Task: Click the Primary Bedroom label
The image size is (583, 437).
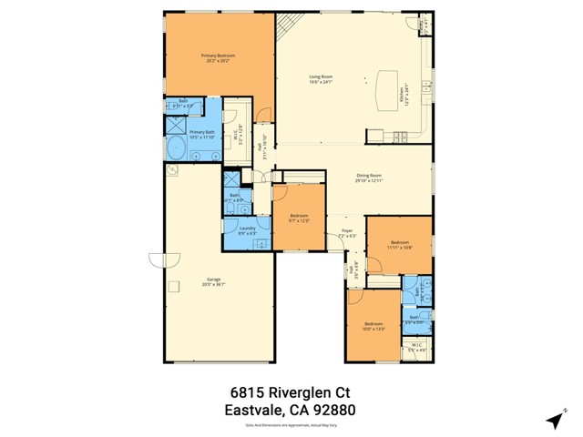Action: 219,58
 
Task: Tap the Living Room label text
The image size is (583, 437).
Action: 321,80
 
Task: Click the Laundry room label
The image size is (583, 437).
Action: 247,230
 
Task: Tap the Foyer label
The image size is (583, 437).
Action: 347,234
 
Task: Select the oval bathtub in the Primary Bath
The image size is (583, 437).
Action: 174,148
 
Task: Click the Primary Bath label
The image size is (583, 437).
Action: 201,135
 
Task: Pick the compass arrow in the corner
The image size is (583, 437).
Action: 555,419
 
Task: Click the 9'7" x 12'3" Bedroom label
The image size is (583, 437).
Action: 300,218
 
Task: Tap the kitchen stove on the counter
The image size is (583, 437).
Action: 398,138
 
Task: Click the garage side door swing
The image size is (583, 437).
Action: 158,259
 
